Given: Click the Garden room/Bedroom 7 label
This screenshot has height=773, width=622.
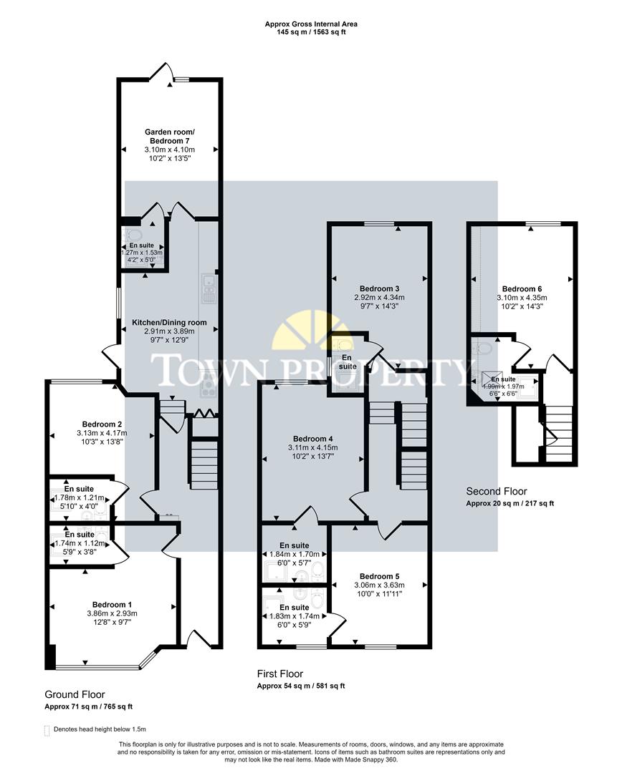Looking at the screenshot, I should click(x=169, y=136).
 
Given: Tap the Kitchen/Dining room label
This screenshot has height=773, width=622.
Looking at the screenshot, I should click(x=169, y=323).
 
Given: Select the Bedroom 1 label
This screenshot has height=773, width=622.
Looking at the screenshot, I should click(x=113, y=603).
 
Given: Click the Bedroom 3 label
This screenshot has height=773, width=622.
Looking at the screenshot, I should click(x=378, y=287).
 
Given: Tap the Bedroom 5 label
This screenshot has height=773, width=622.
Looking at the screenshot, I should click(x=379, y=576).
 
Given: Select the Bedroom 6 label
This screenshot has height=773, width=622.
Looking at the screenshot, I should click(x=521, y=288).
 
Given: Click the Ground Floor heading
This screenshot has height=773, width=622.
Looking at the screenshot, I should click(x=75, y=694).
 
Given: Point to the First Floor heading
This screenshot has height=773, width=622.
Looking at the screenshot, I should click(x=279, y=674).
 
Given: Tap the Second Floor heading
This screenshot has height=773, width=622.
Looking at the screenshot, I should click(x=496, y=491).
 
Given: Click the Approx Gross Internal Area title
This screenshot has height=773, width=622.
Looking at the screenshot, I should click(x=310, y=24).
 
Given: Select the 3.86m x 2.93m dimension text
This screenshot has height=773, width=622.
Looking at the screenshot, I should click(x=113, y=613).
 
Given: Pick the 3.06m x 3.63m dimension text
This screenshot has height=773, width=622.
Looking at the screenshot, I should click(x=379, y=585).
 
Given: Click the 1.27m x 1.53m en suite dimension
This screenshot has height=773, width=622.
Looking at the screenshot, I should click(x=141, y=253).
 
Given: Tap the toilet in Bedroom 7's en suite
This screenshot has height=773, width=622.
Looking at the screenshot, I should click(x=133, y=235).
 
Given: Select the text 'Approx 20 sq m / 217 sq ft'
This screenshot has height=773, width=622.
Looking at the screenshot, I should click(x=509, y=503).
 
